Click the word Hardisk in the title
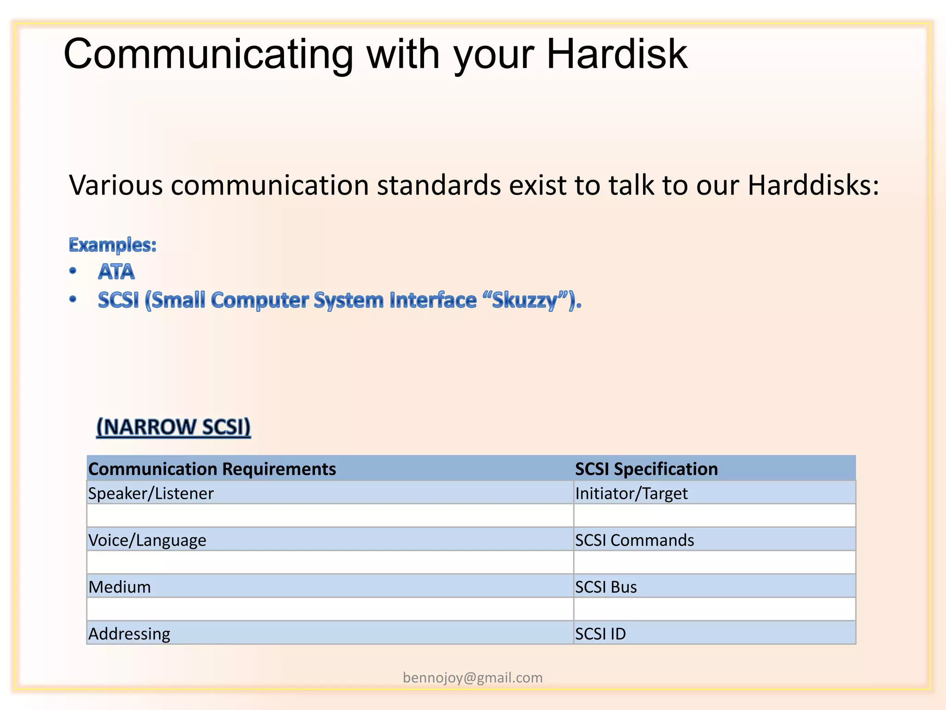[x=617, y=55]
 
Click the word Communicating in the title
[x=208, y=55]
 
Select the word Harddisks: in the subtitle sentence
[x=813, y=185]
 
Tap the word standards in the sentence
[x=439, y=185]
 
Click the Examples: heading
[x=113, y=245]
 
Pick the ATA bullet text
[x=116, y=272]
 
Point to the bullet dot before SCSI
[x=73, y=300]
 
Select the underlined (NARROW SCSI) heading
[x=174, y=427]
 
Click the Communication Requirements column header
[x=212, y=469]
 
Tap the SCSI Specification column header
[x=646, y=469]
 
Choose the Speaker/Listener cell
[x=151, y=494]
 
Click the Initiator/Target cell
[x=631, y=494]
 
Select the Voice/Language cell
[x=147, y=540]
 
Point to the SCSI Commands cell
[x=634, y=540]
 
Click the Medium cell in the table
[x=120, y=587]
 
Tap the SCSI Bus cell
[x=606, y=587]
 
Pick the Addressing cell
[x=129, y=634]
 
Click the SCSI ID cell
[x=600, y=634]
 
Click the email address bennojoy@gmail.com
[x=473, y=678]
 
